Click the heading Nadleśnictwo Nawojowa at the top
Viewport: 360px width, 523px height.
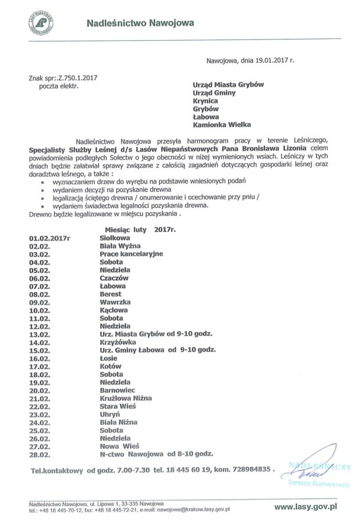click(140, 24)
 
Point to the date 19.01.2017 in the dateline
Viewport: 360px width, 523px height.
click(272, 60)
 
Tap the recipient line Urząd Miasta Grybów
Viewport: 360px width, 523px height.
click(229, 84)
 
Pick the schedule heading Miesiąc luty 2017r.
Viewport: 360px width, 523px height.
click(140, 230)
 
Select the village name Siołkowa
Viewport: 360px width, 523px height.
click(115, 238)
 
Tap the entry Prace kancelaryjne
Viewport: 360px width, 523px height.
click(131, 254)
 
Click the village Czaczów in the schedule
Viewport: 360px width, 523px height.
click(113, 278)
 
